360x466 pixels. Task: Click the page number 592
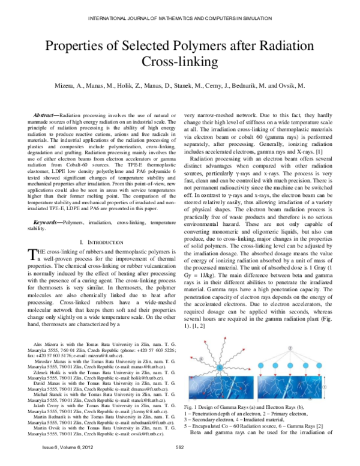pyautogui.click(x=179, y=447)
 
